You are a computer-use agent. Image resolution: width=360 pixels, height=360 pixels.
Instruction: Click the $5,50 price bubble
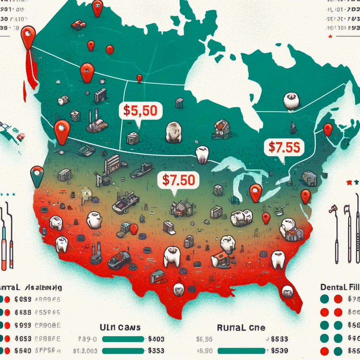[140, 110]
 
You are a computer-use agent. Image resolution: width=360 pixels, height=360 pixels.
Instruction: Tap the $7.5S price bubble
[283, 147]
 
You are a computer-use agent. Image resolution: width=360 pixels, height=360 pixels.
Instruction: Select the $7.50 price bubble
[179, 180]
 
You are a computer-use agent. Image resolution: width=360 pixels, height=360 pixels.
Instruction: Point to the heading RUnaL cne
[241, 328]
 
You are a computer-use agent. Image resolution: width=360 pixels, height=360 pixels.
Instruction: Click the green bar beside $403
[123, 339]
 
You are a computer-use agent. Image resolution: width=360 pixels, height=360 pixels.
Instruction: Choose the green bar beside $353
[123, 351]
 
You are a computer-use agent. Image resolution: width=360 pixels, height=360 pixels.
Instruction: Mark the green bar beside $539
[241, 351]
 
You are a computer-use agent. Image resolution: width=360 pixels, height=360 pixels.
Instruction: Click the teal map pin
[37, 175]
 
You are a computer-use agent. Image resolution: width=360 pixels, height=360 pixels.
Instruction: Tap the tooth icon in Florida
[287, 291]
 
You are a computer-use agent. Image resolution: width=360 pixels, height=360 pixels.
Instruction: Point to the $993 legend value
[23, 325]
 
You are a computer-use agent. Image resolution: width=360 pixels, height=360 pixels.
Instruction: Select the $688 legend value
[23, 312]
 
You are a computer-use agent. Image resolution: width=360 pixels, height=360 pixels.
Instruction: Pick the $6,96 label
[204, 339]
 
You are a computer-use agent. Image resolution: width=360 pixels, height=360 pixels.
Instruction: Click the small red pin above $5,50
[140, 78]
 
